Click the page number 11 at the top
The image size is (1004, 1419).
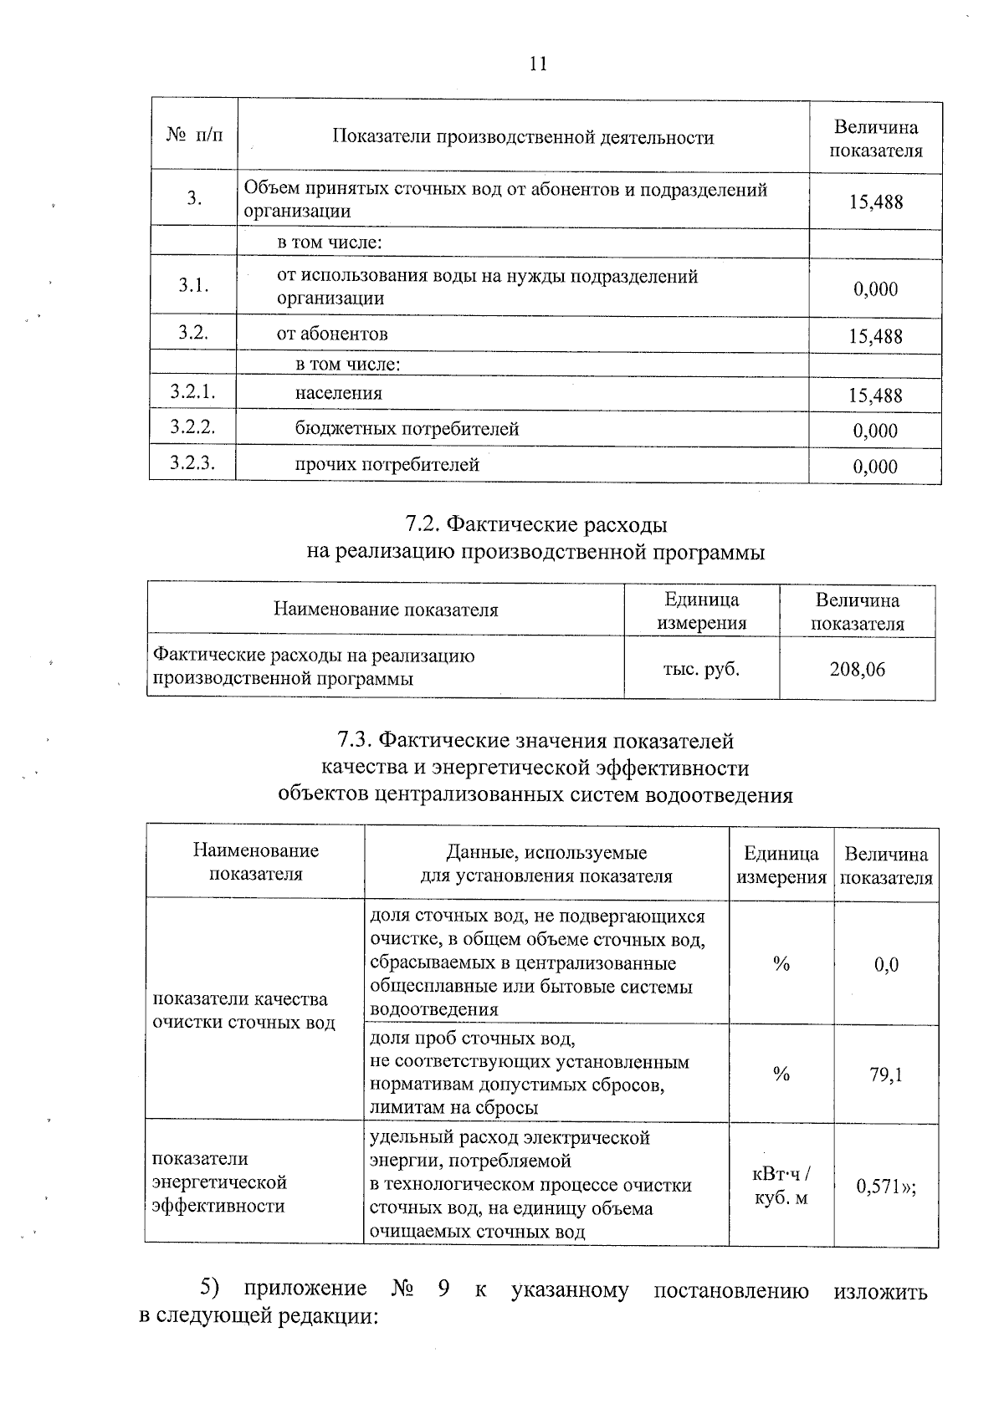click(x=538, y=64)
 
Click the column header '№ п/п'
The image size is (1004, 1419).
click(x=194, y=135)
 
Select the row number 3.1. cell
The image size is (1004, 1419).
click(x=193, y=285)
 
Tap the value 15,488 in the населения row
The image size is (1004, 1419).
click(x=875, y=396)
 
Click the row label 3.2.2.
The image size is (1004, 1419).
click(x=193, y=427)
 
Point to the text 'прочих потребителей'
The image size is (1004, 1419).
click(x=387, y=465)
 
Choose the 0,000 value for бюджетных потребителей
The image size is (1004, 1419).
click(x=875, y=431)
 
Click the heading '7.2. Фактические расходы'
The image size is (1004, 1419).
click(x=536, y=524)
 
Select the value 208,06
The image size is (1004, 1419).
click(x=857, y=669)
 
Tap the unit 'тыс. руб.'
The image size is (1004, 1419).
click(x=701, y=668)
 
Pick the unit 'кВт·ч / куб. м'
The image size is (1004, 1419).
click(x=781, y=1186)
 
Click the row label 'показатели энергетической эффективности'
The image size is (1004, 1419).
click(x=219, y=1182)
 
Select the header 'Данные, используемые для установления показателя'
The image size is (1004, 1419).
click(x=546, y=864)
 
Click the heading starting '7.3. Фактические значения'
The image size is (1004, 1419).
click(x=535, y=741)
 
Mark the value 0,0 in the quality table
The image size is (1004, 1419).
click(x=886, y=965)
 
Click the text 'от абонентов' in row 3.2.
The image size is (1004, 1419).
click(x=332, y=334)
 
